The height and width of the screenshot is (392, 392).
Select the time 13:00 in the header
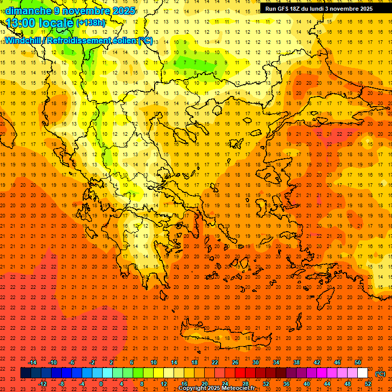point(23,23)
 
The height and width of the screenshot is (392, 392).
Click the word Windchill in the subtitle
point(23,40)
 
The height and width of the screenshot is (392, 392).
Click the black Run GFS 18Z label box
point(319,9)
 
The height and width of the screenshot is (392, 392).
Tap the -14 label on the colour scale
point(33,362)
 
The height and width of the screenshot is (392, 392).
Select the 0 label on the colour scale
point(101,384)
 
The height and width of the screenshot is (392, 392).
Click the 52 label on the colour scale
point(368,384)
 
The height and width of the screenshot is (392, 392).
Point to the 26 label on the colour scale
point(235,362)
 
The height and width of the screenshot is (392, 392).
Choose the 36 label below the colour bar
point(286,384)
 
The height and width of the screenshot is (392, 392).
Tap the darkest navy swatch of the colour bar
point(26,373)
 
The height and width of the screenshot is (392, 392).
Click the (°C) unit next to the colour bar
point(380,374)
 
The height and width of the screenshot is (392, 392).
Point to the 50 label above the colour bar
point(358,362)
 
